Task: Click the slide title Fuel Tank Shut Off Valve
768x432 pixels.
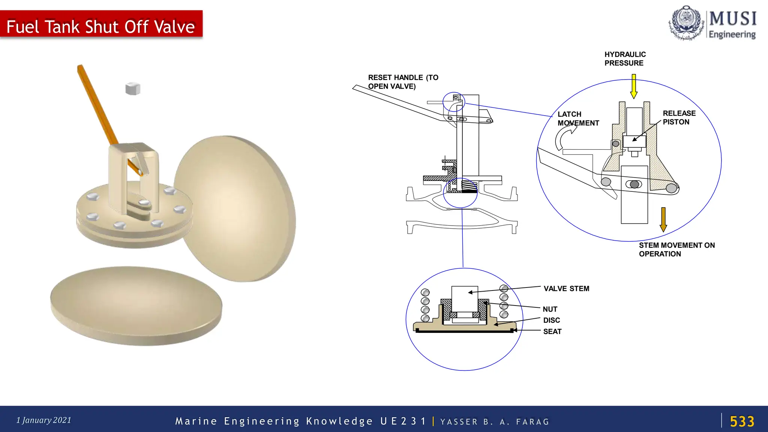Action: click(100, 27)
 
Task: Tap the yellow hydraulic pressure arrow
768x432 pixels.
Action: click(634, 86)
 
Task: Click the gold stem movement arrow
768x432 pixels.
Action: click(663, 220)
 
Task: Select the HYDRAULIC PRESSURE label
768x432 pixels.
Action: click(625, 59)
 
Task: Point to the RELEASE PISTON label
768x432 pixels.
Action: click(679, 117)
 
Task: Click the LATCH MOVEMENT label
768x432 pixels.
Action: click(578, 119)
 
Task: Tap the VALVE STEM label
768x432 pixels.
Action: click(566, 289)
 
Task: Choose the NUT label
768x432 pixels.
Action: click(550, 309)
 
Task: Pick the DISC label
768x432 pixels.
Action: click(551, 320)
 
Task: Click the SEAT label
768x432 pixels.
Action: click(552, 331)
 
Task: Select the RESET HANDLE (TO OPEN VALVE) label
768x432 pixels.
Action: click(403, 82)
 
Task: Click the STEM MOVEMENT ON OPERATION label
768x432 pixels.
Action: click(676, 250)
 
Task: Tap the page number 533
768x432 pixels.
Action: click(742, 421)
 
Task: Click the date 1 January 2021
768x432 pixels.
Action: click(44, 420)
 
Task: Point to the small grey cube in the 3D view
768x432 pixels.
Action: click(133, 89)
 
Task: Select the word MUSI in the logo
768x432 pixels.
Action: click(733, 18)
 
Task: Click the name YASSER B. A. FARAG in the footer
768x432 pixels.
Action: click(495, 422)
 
